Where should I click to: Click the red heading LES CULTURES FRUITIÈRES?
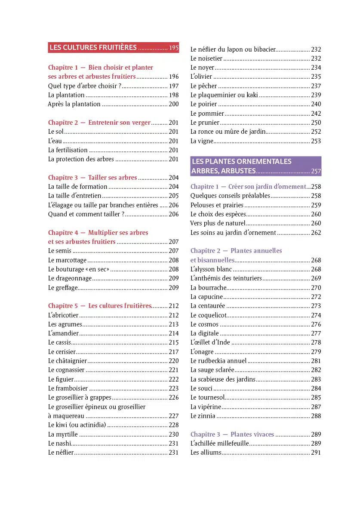click(x=93, y=48)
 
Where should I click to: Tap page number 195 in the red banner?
click(x=174, y=48)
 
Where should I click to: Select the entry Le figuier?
click(x=61, y=379)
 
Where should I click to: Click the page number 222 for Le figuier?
click(x=174, y=379)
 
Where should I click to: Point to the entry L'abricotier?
click(x=63, y=315)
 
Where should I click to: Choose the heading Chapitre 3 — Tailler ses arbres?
click(x=92, y=178)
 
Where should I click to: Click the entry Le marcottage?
click(x=68, y=260)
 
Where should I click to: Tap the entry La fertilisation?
click(x=68, y=150)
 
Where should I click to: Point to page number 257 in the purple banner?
click(x=316, y=171)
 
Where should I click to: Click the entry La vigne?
click(x=202, y=141)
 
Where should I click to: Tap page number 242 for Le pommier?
click(x=316, y=114)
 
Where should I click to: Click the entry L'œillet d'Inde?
click(x=210, y=342)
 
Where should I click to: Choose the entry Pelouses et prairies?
click(x=217, y=205)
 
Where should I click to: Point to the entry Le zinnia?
click(x=203, y=416)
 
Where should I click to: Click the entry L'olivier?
click(x=201, y=77)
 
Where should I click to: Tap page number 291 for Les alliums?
click(x=316, y=453)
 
